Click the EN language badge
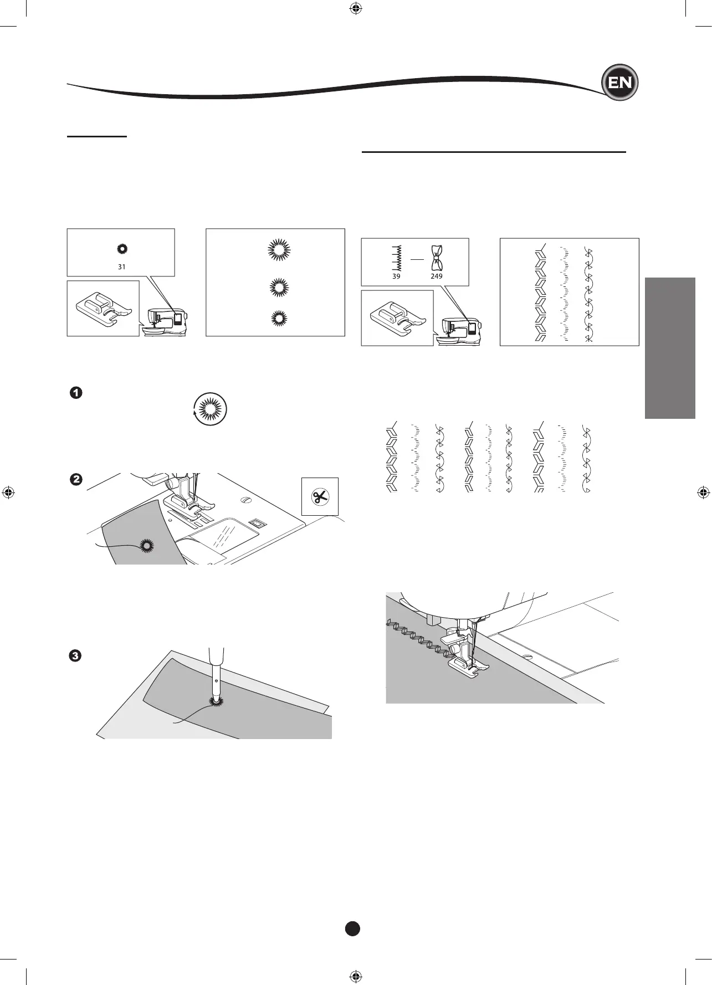620,83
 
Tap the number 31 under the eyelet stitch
121,266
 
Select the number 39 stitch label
396,276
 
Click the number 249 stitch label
437,276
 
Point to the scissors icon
320,496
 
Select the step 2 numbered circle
76,479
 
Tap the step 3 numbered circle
76,656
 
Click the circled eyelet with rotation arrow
211,409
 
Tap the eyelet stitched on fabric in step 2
147,546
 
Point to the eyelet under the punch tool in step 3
215,701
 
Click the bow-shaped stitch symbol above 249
437,258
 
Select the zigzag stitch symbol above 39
396,258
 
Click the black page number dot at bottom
352,928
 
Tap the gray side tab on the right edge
670,348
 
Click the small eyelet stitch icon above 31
121,249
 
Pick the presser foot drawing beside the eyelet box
104,309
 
